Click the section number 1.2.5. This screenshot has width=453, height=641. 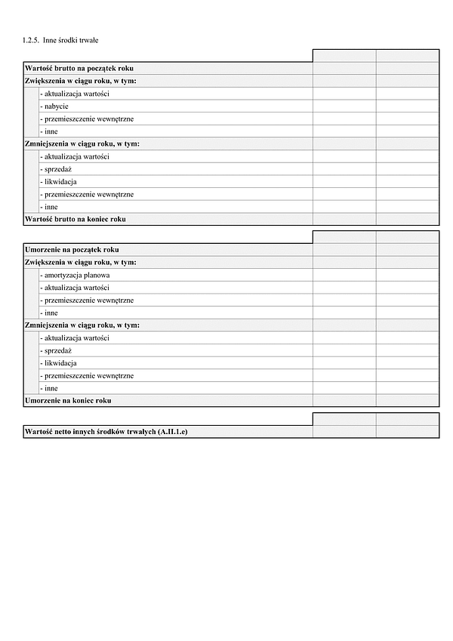coord(31,39)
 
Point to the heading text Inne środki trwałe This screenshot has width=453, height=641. coord(71,39)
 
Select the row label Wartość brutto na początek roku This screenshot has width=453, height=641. coord(79,68)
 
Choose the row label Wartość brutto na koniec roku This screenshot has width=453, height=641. coord(75,219)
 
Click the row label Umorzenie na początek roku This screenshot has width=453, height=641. coord(72,249)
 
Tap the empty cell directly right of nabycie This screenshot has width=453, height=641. coord(344,106)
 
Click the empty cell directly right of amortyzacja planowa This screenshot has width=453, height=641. coord(344,275)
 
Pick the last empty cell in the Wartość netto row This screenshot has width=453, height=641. coord(407,431)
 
